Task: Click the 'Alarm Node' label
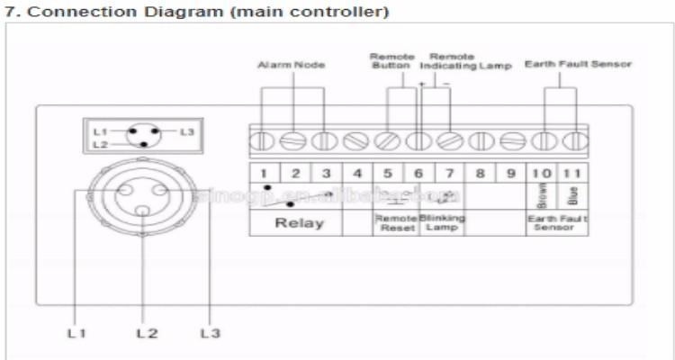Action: point(291,66)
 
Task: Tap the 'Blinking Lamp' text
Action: point(442,222)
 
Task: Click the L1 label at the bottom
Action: point(76,333)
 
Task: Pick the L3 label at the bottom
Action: point(209,333)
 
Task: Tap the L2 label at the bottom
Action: point(147,333)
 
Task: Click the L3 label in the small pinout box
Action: point(186,132)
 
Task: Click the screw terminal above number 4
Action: point(357,141)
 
